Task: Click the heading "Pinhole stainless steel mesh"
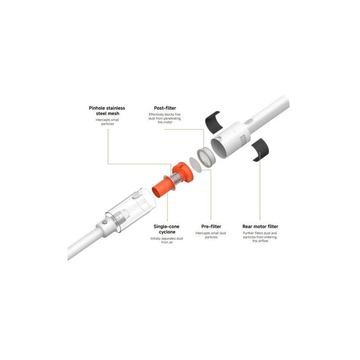(x=107, y=111)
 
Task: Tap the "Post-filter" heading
(x=165, y=108)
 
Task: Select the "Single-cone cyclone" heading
(x=166, y=229)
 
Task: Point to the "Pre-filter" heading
(x=211, y=226)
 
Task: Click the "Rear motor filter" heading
(x=260, y=226)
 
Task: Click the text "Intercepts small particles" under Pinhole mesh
(x=107, y=121)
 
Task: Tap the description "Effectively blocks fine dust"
(x=165, y=118)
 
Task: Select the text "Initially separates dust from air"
(x=166, y=240)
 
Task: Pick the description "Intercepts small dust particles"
(x=211, y=235)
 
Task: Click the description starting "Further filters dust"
(x=260, y=237)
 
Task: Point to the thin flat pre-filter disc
(x=195, y=165)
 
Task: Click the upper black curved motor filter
(x=213, y=122)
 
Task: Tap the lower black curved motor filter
(x=261, y=150)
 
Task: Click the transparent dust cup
(x=131, y=210)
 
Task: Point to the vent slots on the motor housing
(x=243, y=139)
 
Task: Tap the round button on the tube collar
(x=104, y=222)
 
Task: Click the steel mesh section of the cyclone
(x=176, y=179)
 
